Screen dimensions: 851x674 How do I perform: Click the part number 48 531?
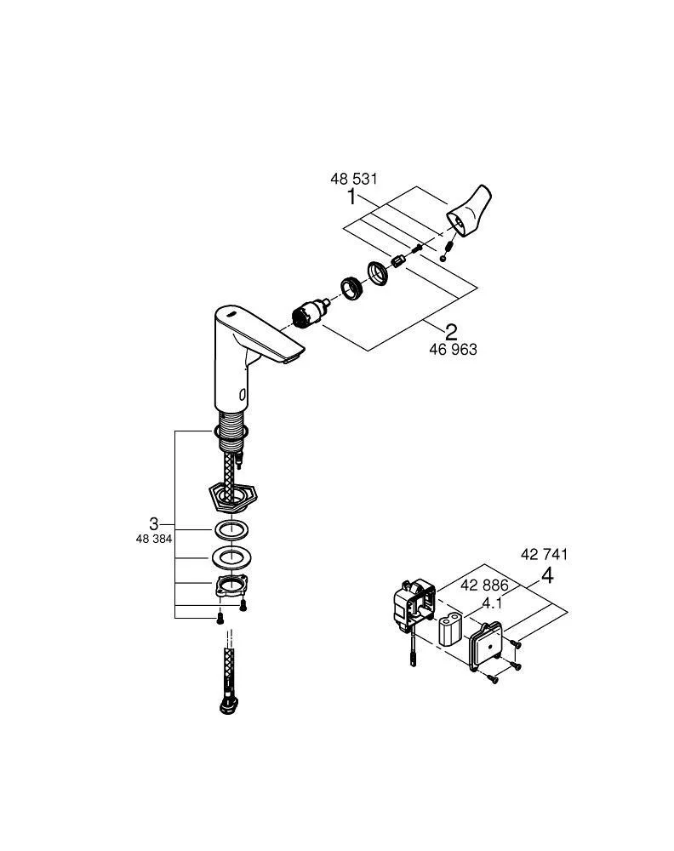(353, 180)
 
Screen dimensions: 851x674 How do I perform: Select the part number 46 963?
(453, 350)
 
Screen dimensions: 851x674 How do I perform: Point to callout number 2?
(451, 332)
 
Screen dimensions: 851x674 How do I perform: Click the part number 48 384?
(154, 539)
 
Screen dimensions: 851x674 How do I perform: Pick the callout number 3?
(153, 523)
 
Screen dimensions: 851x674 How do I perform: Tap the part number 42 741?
(543, 554)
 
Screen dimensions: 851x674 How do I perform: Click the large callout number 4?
(547, 576)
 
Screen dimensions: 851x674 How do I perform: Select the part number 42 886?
(484, 585)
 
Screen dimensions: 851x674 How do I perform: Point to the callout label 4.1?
(492, 603)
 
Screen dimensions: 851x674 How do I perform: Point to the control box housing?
(414, 605)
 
